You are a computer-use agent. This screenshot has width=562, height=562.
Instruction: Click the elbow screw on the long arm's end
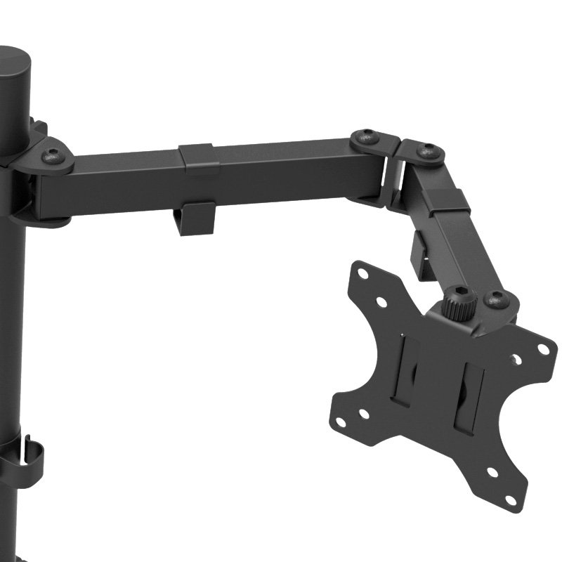point(366,138)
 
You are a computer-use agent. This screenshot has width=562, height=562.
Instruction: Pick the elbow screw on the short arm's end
point(427,150)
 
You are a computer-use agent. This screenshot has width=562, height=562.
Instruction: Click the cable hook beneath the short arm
point(420,257)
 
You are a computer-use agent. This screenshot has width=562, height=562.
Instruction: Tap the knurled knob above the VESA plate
point(460,305)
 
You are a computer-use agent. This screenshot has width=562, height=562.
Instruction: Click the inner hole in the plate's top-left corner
point(381,301)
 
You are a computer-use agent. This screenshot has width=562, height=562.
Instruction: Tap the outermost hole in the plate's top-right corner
point(542,348)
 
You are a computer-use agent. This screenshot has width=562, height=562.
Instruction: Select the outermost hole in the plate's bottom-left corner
point(341,422)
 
